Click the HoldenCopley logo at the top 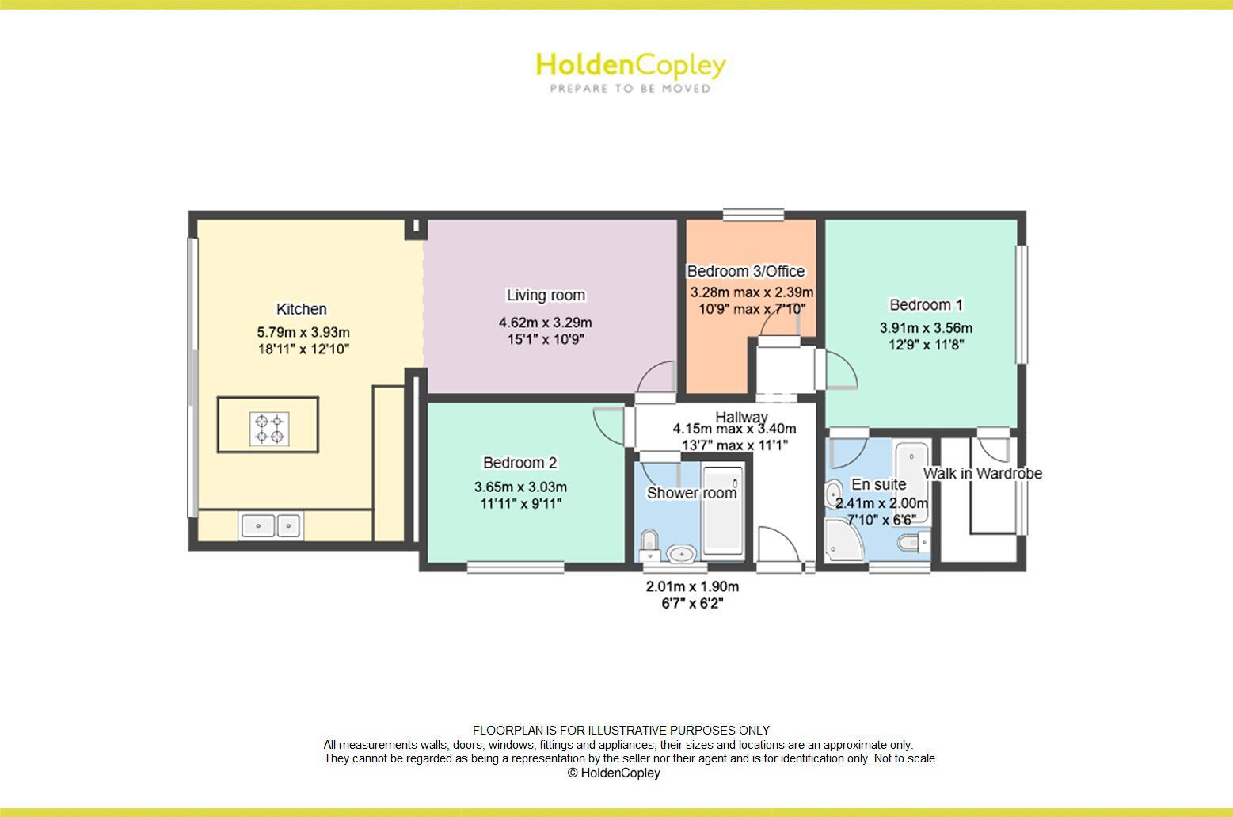(x=630, y=65)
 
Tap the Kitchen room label (x=301, y=309)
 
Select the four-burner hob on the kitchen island (x=268, y=428)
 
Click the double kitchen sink (x=270, y=525)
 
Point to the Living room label (x=546, y=296)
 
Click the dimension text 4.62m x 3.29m (x=545, y=323)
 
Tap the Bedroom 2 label (x=520, y=463)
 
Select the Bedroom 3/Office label (x=745, y=271)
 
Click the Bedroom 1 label (x=926, y=305)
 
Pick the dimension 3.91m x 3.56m (x=926, y=328)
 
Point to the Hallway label (x=741, y=417)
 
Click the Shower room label (x=691, y=493)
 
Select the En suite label (x=878, y=485)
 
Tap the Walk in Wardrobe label (x=982, y=474)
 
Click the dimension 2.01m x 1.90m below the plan (x=692, y=587)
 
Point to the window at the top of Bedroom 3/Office (x=753, y=214)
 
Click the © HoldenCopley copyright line (x=613, y=773)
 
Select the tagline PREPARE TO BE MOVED (x=630, y=89)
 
